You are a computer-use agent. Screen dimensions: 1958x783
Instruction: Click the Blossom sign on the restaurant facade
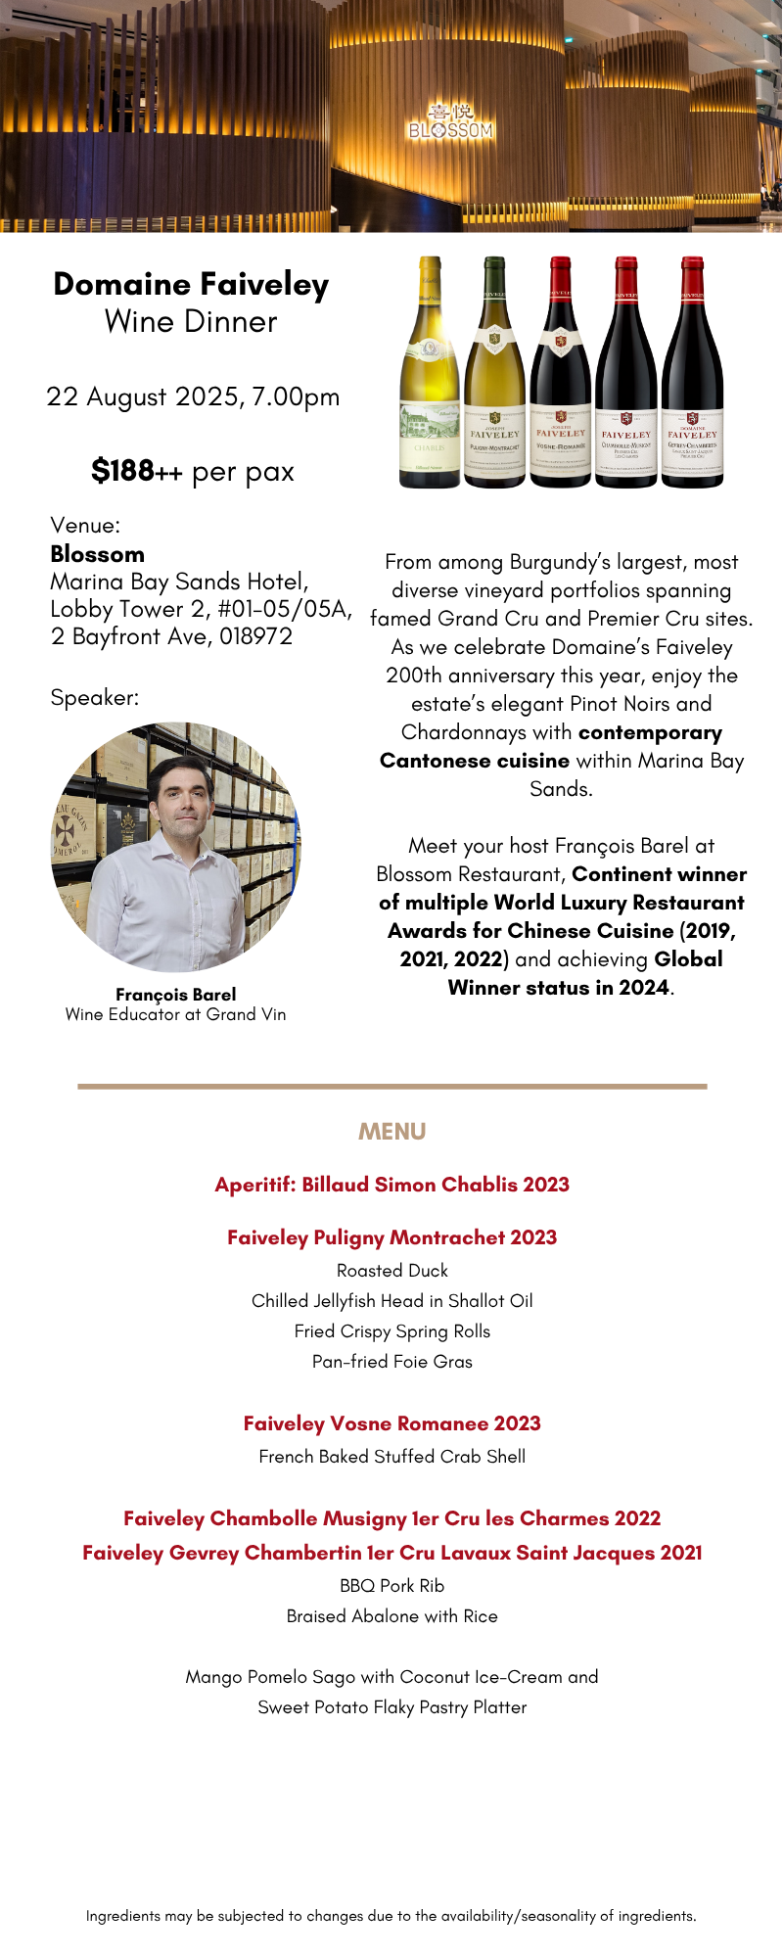coord(450,122)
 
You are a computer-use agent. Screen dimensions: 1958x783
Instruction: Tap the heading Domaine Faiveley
coord(191,284)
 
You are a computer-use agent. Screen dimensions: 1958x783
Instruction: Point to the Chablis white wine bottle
coord(430,372)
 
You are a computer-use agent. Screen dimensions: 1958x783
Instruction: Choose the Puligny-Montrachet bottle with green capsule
coord(494,372)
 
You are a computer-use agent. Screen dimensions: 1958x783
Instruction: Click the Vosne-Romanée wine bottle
coord(560,372)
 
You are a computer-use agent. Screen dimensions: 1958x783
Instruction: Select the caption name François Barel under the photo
coord(176,995)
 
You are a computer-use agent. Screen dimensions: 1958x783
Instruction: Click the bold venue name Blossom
coord(97,554)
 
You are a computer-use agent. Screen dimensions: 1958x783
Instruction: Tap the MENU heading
coord(391,1132)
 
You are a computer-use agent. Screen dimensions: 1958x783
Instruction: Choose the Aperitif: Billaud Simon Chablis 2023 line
coord(391,1185)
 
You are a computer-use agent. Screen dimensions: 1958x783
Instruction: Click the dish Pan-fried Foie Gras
coord(391,1362)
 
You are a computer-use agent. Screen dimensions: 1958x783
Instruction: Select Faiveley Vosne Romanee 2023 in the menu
coord(391,1423)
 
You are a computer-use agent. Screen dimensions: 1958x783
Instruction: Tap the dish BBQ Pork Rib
coord(391,1586)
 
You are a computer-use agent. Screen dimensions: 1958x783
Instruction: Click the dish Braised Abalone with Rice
coord(391,1616)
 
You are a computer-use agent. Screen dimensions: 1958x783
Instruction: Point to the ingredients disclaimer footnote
coord(391,1916)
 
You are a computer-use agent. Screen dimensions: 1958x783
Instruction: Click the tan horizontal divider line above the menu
coord(391,1086)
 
